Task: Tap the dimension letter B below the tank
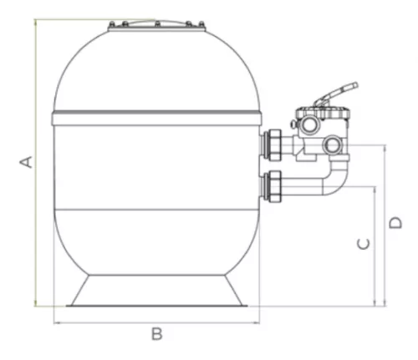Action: click(x=156, y=334)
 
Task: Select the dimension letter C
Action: click(x=362, y=243)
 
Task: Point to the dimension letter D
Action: click(x=395, y=222)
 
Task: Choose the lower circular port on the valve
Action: click(x=335, y=145)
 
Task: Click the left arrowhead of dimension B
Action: click(x=55, y=321)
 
